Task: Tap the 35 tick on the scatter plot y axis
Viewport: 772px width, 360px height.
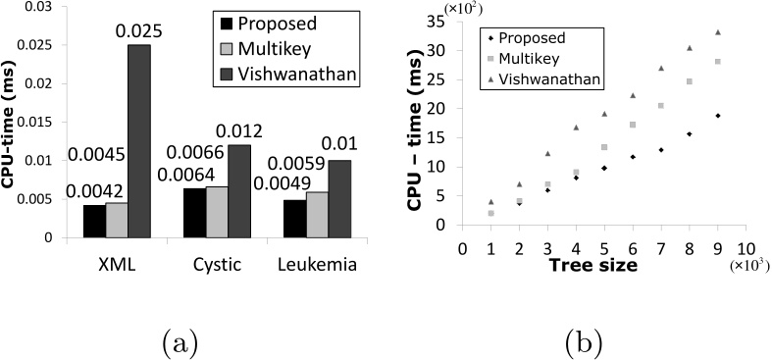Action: pyautogui.click(x=441, y=22)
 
